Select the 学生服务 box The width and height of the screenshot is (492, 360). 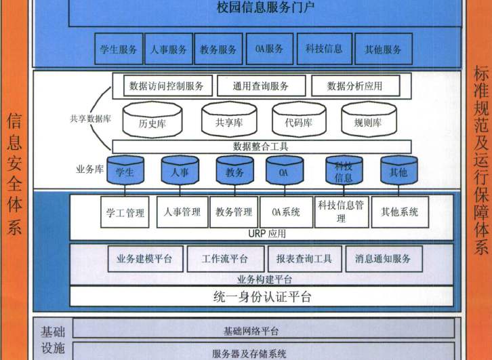point(119,49)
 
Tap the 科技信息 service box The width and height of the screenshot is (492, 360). point(324,49)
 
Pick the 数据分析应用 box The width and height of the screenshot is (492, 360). point(355,86)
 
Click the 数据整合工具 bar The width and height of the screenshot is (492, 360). point(261,146)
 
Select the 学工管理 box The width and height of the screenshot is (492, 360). point(125,213)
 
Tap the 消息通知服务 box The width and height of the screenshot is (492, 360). point(383,258)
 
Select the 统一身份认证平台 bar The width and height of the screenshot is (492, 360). point(262,296)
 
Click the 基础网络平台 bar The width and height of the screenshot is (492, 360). point(261,331)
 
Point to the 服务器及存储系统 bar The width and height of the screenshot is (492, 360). point(261,353)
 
